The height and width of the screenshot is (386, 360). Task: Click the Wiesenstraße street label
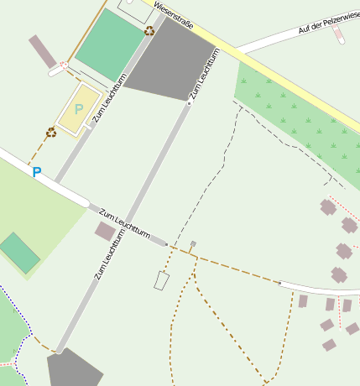[x=174, y=15]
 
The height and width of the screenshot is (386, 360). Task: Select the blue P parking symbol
[x=36, y=172]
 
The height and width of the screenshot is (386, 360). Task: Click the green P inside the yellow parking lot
[x=79, y=109]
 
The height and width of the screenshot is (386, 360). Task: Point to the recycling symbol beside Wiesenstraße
[x=149, y=31]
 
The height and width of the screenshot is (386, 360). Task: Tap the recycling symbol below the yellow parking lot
[x=51, y=132]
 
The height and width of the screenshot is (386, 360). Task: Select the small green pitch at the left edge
[x=19, y=253]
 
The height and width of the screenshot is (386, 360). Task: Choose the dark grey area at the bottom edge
[x=75, y=369]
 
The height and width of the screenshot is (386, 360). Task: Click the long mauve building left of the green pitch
[x=42, y=50]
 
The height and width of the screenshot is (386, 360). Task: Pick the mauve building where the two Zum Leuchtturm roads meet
[x=105, y=231]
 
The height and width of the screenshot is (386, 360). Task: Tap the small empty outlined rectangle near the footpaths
[x=161, y=280]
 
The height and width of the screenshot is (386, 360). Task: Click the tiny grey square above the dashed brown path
[x=193, y=244]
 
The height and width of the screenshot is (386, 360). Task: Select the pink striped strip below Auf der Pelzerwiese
[x=338, y=33]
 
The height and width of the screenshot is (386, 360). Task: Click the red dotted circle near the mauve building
[x=63, y=65]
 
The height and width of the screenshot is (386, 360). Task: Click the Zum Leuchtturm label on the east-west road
[x=124, y=222]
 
